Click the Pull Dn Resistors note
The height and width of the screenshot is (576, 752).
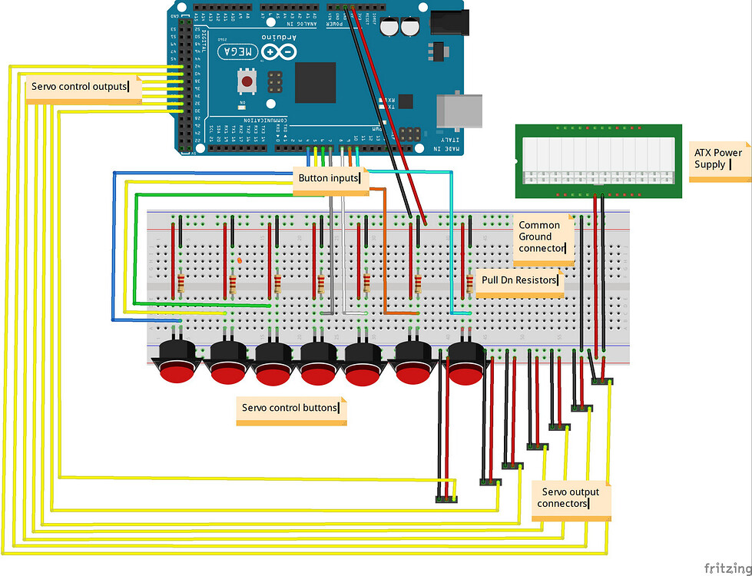pyautogui.click(x=519, y=280)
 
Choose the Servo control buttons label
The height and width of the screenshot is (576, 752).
pyautogui.click(x=290, y=408)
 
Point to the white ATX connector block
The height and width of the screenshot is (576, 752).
pyautogui.click(x=598, y=158)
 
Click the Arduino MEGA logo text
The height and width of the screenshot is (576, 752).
pyautogui.click(x=240, y=52)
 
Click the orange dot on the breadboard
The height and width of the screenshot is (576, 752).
pyautogui.click(x=240, y=261)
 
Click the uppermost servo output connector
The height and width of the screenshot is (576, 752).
pyautogui.click(x=602, y=379)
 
